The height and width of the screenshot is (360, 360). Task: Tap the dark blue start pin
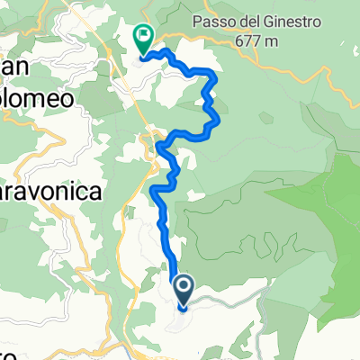(183, 291)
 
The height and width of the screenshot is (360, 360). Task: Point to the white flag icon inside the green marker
(142, 37)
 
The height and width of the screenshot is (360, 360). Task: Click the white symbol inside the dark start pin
(183, 288)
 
